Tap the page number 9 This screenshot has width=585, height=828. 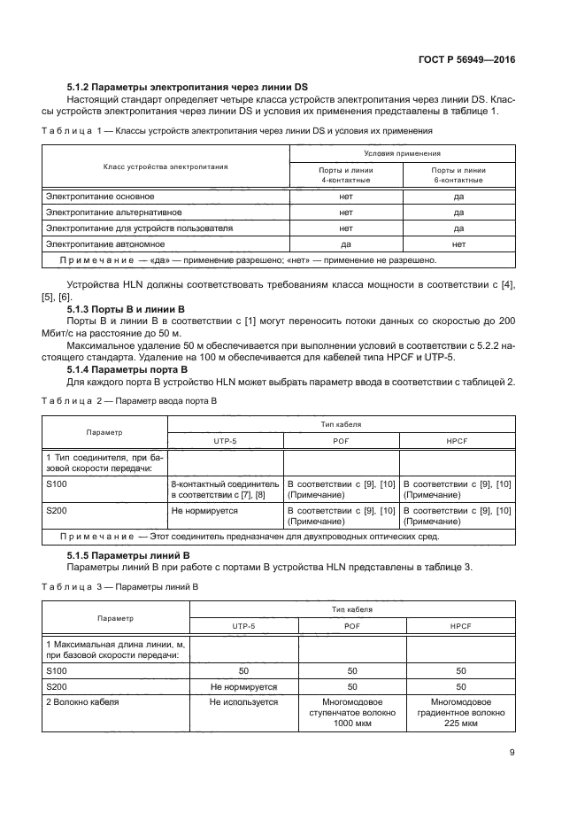(x=512, y=753)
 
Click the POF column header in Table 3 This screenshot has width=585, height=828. (x=352, y=625)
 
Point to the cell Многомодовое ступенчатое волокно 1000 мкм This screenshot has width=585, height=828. (x=352, y=713)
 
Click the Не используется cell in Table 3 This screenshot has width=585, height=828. (x=243, y=702)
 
